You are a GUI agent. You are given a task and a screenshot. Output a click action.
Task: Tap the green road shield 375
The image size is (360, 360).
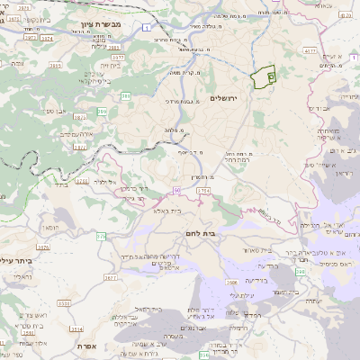[101, 236]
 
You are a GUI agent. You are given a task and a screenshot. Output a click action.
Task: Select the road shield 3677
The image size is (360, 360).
[110, 279]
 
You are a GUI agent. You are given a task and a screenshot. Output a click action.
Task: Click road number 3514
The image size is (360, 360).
[76, 329]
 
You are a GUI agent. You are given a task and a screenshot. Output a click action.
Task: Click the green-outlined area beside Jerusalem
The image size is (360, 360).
[263, 78]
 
